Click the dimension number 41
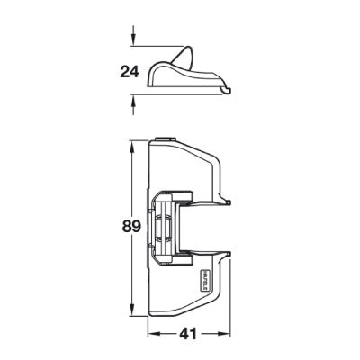tap(186, 333)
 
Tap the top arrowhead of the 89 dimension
tap(134, 143)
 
